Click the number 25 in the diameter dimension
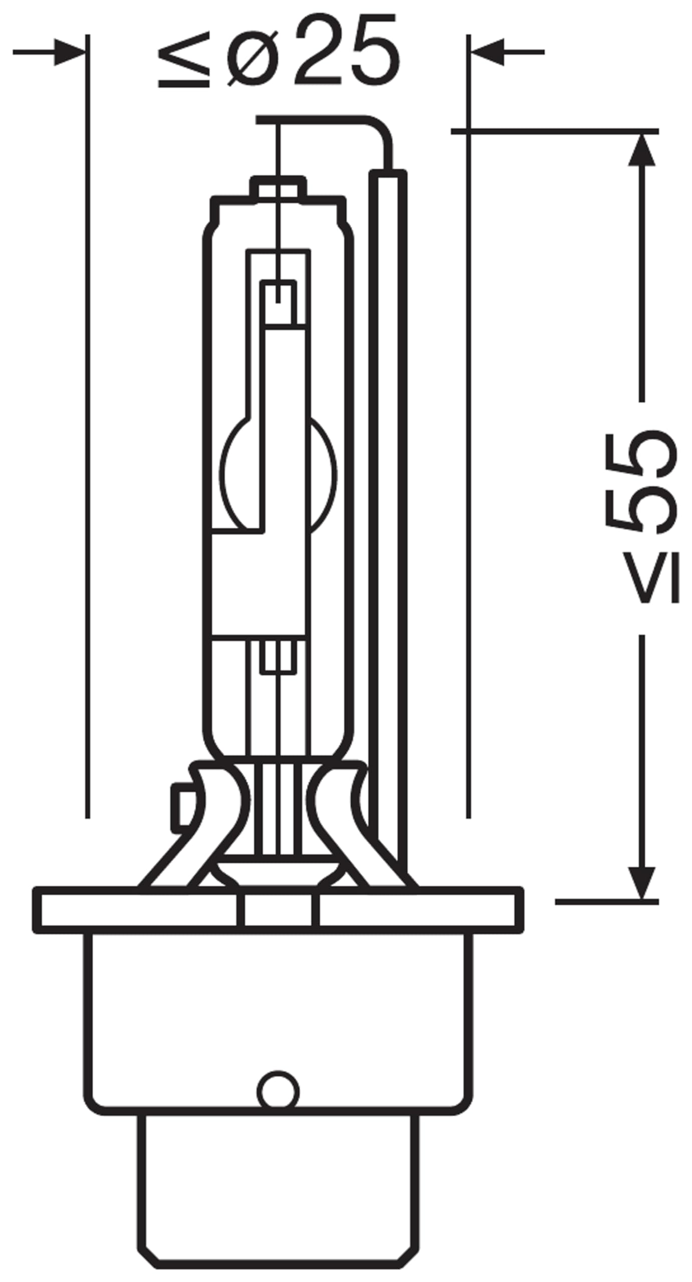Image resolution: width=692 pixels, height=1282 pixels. [x=347, y=50]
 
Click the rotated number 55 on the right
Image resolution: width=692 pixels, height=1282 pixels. [x=641, y=481]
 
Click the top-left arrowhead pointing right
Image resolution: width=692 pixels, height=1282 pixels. [x=70, y=52]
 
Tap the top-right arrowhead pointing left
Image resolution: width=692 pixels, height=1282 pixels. [x=487, y=52]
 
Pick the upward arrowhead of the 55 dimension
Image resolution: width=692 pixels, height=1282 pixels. [x=641, y=149]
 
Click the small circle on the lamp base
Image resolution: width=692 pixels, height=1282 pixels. [x=278, y=1092]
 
